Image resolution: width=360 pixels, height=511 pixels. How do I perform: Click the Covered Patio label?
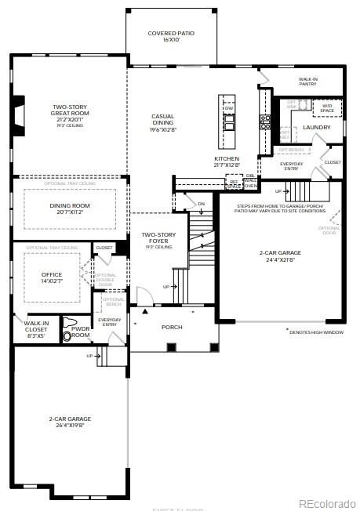coord(171,37)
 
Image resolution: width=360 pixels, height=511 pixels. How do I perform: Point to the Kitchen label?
coord(226,161)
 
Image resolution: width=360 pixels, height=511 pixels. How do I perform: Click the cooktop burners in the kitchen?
coord(265,121)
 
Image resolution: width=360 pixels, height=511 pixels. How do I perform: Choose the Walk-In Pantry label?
coord(307,82)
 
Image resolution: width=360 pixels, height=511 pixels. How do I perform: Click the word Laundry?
coord(316,127)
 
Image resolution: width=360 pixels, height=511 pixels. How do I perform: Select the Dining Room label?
coord(70,208)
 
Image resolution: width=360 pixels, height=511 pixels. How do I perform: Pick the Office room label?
coord(52,277)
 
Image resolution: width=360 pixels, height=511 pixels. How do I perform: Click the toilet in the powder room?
coord(69,329)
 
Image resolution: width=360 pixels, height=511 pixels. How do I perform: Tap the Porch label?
coord(172,327)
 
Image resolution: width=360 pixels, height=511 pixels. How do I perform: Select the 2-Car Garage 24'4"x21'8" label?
coord(278,255)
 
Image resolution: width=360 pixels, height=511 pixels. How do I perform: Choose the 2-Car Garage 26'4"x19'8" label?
coord(70,422)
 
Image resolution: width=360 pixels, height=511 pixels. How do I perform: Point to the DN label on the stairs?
coord(201,204)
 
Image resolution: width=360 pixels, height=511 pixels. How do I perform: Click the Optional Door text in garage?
coord(329,230)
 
